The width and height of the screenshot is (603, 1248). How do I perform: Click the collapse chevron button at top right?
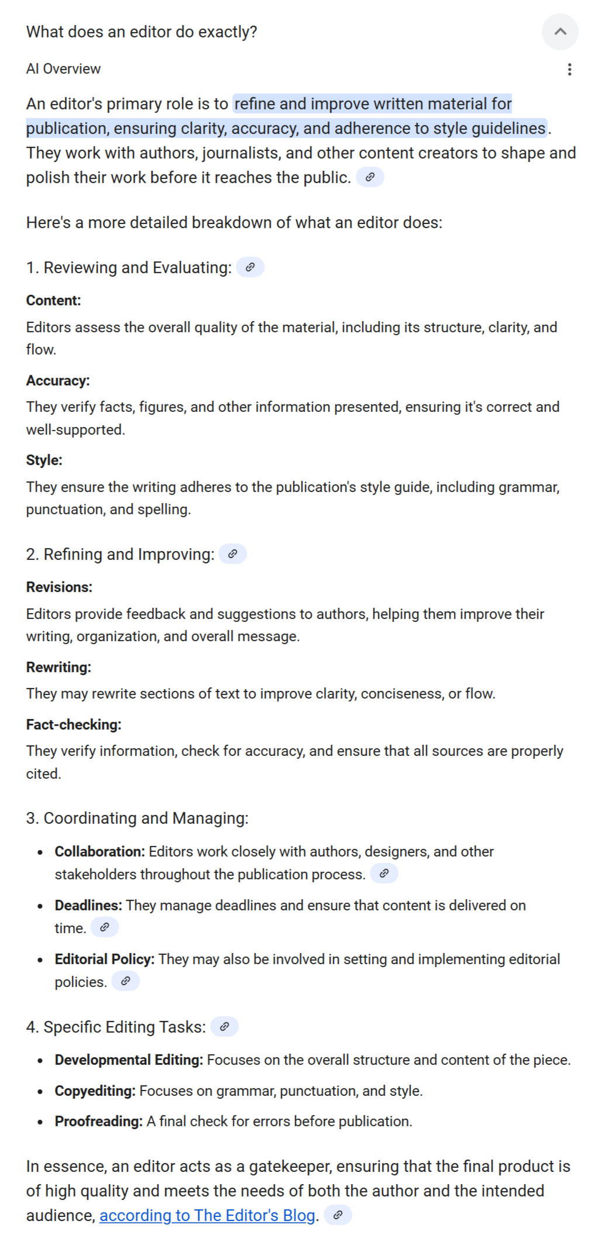[560, 32]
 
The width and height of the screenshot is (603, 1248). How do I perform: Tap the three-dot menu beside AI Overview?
[569, 70]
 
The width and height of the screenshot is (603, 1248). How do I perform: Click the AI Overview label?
[63, 69]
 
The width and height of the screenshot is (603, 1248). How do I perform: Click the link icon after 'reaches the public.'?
[370, 177]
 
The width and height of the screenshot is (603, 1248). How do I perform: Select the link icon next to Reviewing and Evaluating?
[250, 267]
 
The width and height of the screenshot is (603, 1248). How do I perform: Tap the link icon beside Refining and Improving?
[233, 554]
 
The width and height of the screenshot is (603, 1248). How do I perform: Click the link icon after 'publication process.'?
[384, 874]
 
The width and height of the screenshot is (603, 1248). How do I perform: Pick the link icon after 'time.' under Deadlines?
[105, 927]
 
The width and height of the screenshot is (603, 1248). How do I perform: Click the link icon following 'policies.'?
[125, 981]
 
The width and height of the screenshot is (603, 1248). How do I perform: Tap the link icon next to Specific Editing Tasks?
[225, 1027]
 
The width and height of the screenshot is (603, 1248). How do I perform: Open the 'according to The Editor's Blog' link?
[207, 1215]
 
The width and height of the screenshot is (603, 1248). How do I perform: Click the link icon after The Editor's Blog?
[337, 1215]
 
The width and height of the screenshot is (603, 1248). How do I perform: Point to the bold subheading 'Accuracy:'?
[58, 381]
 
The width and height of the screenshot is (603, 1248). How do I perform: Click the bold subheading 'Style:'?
[44, 460]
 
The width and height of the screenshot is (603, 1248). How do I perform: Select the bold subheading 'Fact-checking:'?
[74, 725]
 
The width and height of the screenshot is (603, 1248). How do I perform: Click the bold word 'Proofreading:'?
[98, 1121]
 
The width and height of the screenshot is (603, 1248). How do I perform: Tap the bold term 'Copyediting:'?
[95, 1091]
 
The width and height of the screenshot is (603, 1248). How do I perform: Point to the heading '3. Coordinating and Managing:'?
[137, 818]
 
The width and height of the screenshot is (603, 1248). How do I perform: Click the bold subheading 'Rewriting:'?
[58, 668]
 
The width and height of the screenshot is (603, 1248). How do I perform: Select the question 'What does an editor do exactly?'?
[142, 32]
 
